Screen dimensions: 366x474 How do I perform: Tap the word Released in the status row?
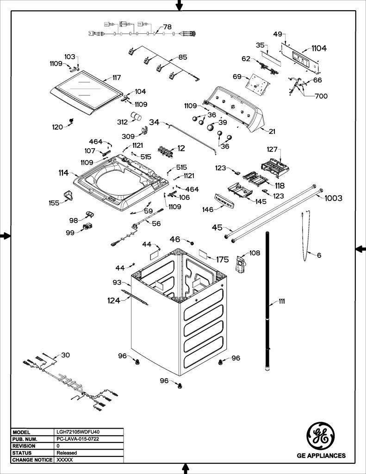pyautogui.click(x=67, y=453)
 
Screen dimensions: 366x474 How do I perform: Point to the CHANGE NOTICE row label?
pyautogui.click(x=32, y=460)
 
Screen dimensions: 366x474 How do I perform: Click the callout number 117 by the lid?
pyautogui.click(x=117, y=77)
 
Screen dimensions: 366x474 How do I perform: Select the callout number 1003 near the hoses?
pyautogui.click(x=333, y=198)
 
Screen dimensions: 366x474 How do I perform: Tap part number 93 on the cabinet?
pyautogui.click(x=117, y=282)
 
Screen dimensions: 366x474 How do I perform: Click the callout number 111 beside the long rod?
pyautogui.click(x=282, y=301)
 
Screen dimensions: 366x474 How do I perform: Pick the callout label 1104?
pyautogui.click(x=319, y=48)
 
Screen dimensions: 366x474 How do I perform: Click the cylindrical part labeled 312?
pyautogui.click(x=136, y=116)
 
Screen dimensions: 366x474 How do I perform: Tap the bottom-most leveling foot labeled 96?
pyautogui.click(x=180, y=385)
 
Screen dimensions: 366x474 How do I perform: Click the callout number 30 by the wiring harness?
pyautogui.click(x=66, y=355)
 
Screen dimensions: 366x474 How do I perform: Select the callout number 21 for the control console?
pyautogui.click(x=272, y=131)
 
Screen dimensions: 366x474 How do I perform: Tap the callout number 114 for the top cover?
pyautogui.click(x=63, y=173)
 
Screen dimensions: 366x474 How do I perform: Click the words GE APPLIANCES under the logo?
pyautogui.click(x=321, y=455)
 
